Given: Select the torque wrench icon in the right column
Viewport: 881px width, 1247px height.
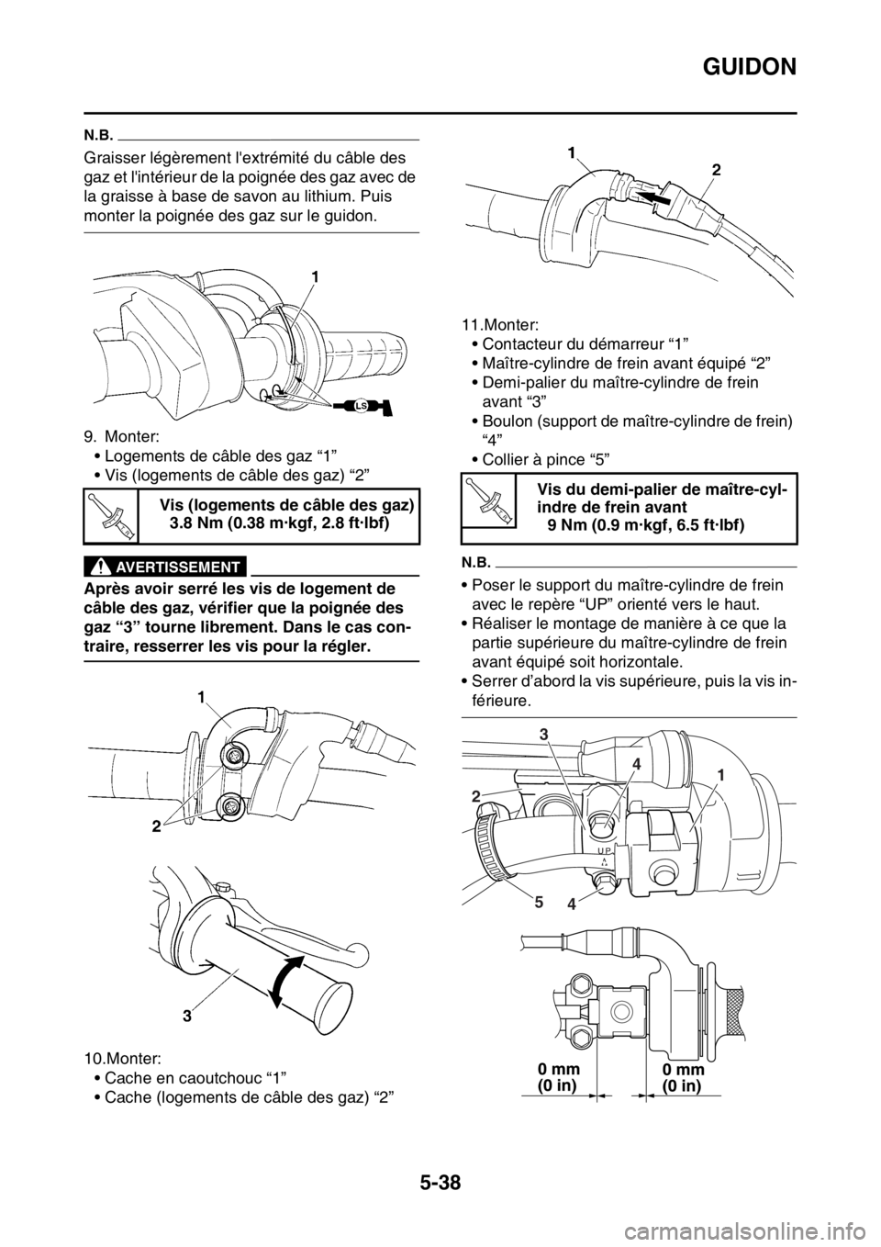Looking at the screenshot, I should click(x=487, y=500).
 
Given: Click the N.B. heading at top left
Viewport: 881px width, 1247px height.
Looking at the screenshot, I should click(x=99, y=131).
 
